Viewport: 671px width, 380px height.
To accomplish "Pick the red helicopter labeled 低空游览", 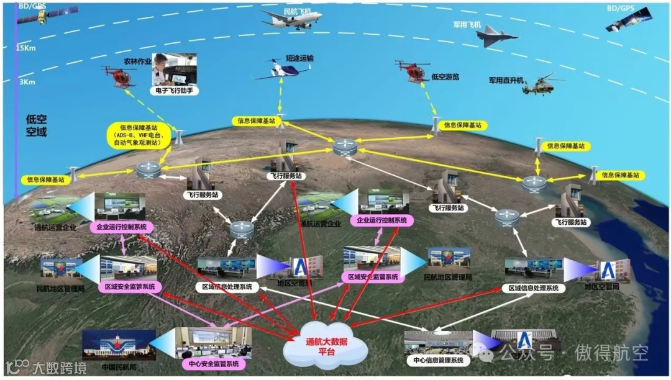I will [414, 71].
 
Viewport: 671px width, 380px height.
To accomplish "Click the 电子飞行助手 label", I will [172, 91].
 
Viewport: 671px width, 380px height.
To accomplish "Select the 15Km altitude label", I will [25, 48].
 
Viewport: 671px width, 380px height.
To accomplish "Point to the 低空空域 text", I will [36, 125].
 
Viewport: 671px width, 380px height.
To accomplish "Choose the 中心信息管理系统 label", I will [437, 360].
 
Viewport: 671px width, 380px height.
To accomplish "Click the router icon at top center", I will [344, 148].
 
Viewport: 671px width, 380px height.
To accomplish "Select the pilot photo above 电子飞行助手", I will [171, 69].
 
